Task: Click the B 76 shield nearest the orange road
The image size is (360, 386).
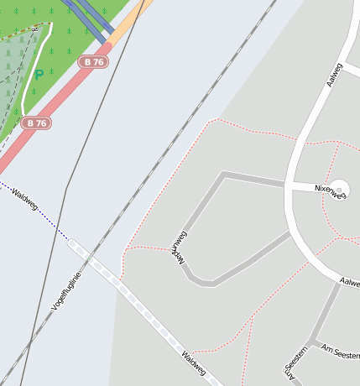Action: tap(93, 62)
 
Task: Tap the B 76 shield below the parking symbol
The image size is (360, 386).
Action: tap(35, 123)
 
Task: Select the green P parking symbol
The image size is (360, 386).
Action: tap(39, 75)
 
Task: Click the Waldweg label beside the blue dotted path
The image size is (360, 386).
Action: tap(24, 199)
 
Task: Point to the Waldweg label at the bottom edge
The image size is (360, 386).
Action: tap(194, 363)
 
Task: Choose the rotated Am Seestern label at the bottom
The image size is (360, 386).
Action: tap(295, 366)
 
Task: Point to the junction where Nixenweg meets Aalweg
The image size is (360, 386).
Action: tap(288, 185)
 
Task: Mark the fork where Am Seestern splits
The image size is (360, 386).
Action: tap(312, 344)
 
